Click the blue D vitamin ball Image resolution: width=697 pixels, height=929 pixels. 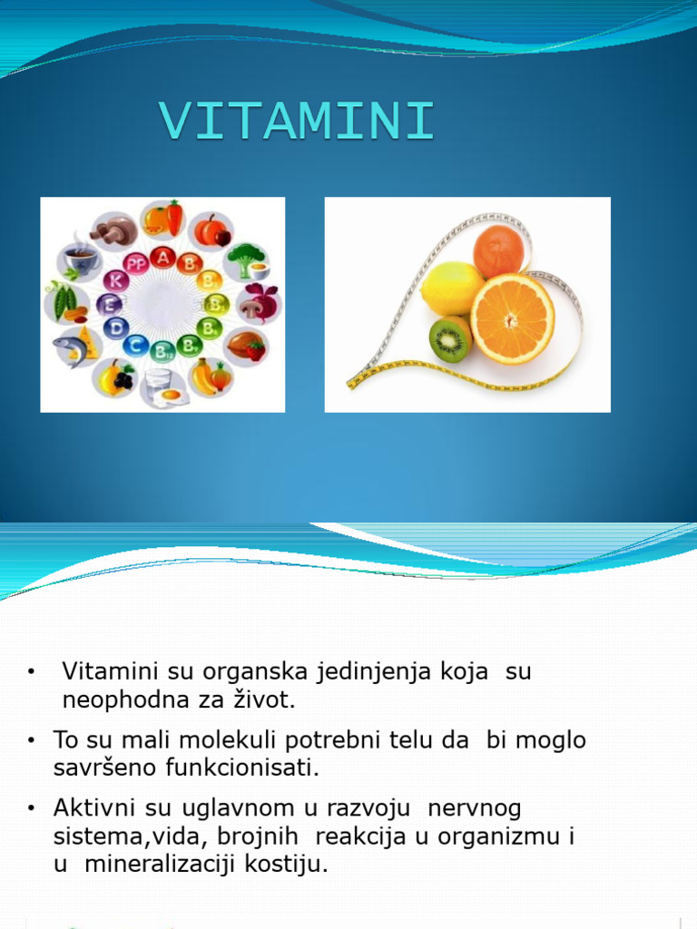(115, 328)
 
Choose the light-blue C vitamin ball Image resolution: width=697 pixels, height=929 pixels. (137, 345)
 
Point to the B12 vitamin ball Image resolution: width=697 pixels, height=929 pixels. (163, 349)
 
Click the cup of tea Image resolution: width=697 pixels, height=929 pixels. (80, 259)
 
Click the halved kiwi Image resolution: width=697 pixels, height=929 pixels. (450, 339)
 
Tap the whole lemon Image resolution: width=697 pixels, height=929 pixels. (451, 288)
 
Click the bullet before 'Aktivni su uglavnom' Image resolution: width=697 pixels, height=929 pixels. (31, 807)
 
